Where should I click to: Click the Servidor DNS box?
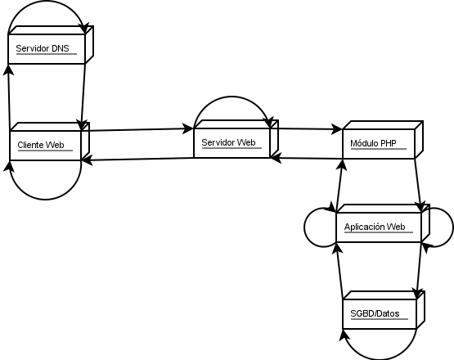click(x=51, y=45)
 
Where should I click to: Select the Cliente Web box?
click(x=50, y=142)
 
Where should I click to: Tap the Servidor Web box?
click(x=236, y=139)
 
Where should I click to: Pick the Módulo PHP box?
click(x=383, y=140)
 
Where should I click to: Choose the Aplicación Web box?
click(x=383, y=223)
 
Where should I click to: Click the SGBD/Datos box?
click(x=384, y=310)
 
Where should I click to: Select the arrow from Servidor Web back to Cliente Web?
click(x=137, y=159)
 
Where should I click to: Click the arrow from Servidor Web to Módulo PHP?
click(x=310, y=129)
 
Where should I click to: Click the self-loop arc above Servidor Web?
click(x=231, y=97)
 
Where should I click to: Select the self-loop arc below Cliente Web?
click(x=46, y=200)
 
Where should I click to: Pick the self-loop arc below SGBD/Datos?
click(x=380, y=358)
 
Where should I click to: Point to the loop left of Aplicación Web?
click(x=304, y=227)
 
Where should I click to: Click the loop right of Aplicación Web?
click(x=452, y=227)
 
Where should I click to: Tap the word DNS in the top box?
click(x=61, y=48)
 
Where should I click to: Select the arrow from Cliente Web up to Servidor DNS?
click(x=9, y=97)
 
